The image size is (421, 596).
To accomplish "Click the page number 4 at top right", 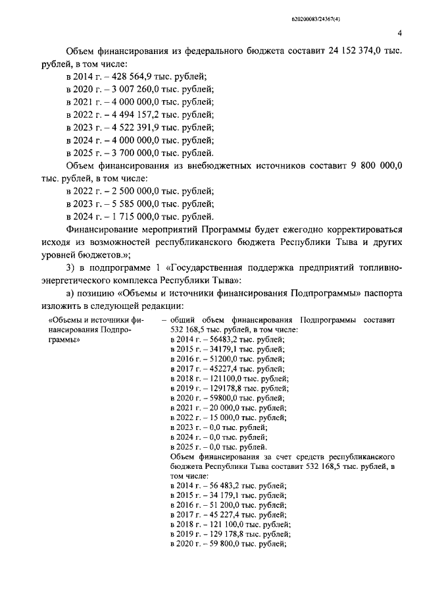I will click(x=400, y=34).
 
